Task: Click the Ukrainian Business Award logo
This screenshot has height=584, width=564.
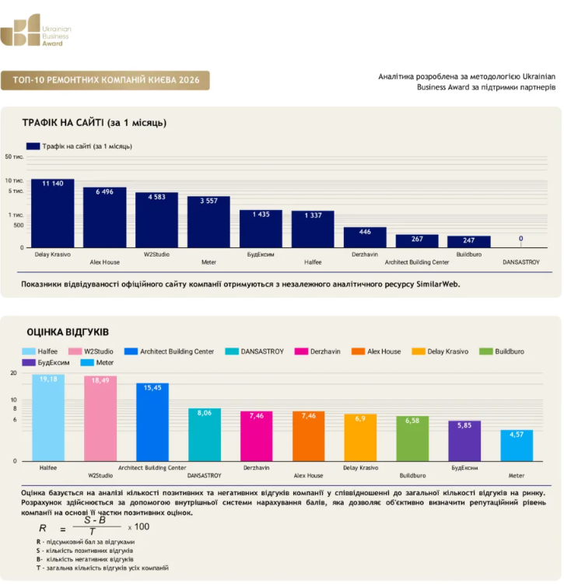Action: pos(35,30)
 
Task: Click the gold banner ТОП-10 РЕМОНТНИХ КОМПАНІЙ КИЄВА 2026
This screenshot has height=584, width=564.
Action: pos(105,80)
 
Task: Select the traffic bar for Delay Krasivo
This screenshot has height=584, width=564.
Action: pos(53,213)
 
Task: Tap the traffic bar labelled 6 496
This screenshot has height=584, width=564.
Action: pos(105,218)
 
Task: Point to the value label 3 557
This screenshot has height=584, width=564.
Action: pos(208,201)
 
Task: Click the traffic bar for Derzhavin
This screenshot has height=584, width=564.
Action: pos(365,237)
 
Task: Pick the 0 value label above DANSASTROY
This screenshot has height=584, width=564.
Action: pos(520,239)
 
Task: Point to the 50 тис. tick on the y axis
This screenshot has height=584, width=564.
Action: pos(14,157)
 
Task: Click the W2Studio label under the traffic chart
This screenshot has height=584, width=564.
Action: pos(156,254)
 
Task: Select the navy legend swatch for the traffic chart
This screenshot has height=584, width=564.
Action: pos(33,146)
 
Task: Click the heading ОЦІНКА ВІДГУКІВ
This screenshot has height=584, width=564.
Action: pos(68,332)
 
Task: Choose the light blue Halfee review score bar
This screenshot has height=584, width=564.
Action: pos(48,418)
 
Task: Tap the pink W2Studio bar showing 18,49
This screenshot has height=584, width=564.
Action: pos(100,418)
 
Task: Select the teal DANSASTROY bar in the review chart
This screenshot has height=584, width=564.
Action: pos(205,435)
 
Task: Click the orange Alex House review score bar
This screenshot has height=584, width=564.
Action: pos(308,436)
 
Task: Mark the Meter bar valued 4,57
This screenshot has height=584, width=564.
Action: pos(517,446)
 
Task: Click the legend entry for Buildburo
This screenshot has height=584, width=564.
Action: pos(502,351)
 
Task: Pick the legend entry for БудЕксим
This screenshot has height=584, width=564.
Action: pos(45,362)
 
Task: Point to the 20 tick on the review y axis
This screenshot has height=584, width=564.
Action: pos(13,372)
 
